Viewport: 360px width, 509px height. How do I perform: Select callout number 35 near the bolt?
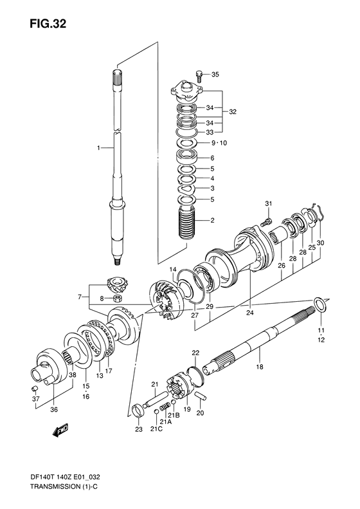click(215, 75)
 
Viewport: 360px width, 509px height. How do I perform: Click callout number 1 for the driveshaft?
click(99, 148)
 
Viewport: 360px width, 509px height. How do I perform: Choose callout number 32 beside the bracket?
click(232, 111)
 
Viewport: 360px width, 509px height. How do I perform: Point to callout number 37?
click(36, 399)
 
